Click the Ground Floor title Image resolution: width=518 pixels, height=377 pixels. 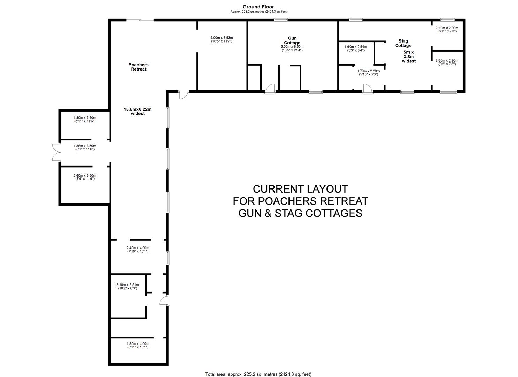coord(258,7)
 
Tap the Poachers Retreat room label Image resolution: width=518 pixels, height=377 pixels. coord(138,67)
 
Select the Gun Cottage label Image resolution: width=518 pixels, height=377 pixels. coord(292,40)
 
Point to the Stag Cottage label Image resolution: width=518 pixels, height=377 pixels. coord(403,43)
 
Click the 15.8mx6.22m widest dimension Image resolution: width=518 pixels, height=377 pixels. coord(137,111)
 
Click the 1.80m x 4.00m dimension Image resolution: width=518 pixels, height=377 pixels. coord(137,345)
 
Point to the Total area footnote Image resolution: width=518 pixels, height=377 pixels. coord(258,374)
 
